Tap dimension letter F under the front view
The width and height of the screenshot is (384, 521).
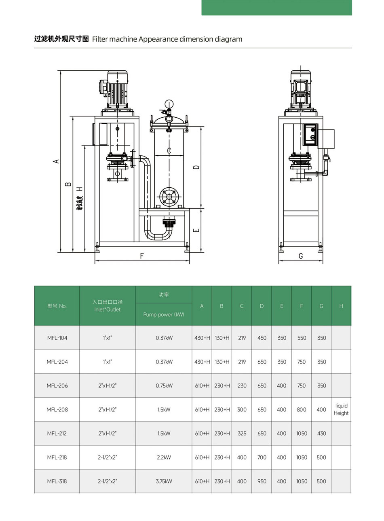142,256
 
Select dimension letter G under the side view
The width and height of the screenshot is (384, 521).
301,256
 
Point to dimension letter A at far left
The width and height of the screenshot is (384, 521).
57,161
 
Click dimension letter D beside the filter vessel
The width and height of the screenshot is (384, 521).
196,167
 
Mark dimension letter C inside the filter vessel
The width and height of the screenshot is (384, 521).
169,151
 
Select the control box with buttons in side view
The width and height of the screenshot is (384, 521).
310,134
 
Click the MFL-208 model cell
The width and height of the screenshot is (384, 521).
57,409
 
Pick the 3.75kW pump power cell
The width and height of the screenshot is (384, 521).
164,481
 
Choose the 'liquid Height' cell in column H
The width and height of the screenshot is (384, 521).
341,409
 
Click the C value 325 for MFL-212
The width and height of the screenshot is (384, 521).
242,433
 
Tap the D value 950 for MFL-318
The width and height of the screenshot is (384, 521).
262,481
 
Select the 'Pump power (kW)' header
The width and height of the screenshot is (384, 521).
164,315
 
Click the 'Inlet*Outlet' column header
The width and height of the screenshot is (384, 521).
107,309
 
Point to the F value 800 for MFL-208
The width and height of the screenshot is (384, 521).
302,409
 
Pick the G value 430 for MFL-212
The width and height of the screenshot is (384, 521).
321,433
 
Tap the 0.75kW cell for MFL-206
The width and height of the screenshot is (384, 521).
164,385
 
